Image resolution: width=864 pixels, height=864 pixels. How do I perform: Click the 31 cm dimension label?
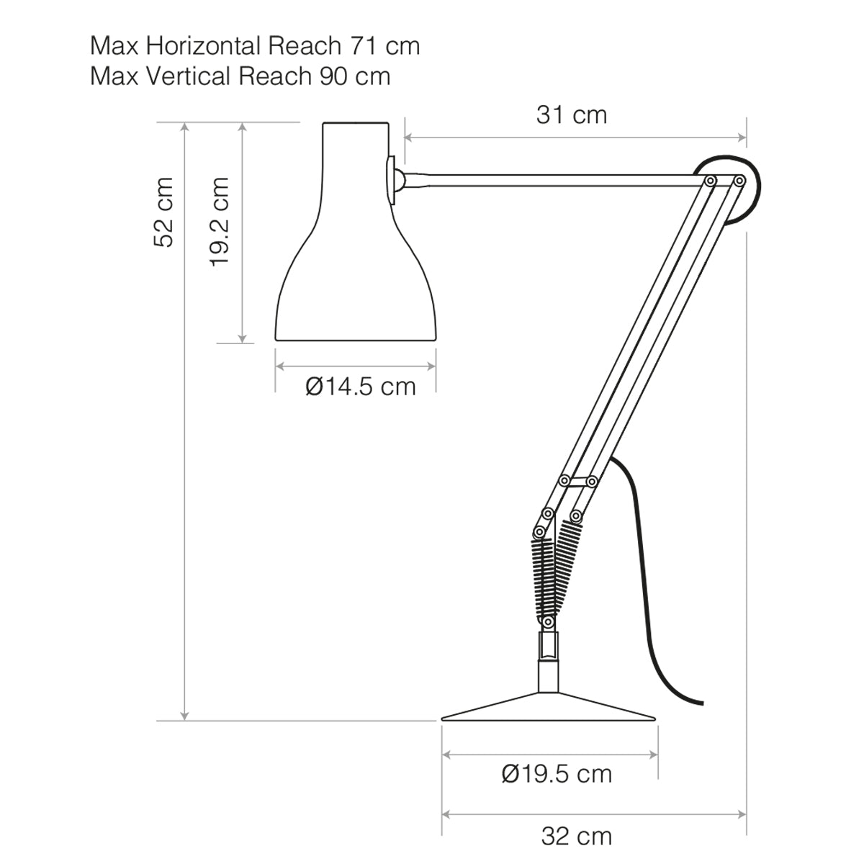point(572,114)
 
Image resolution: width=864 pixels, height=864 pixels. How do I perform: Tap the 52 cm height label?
point(164,212)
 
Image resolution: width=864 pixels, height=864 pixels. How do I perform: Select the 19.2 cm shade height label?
point(220,221)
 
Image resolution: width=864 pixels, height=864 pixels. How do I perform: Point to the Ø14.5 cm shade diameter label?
point(361,387)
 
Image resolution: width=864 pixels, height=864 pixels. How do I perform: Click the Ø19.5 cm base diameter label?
point(557,774)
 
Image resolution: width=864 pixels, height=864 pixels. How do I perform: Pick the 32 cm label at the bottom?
point(576,836)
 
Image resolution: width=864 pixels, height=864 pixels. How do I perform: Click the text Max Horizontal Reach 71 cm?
point(255,46)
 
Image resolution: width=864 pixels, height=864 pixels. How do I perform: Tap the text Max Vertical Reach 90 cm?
point(240,76)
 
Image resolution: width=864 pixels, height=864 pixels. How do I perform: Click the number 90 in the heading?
point(333,76)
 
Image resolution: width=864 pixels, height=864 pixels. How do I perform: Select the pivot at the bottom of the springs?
point(549,620)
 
